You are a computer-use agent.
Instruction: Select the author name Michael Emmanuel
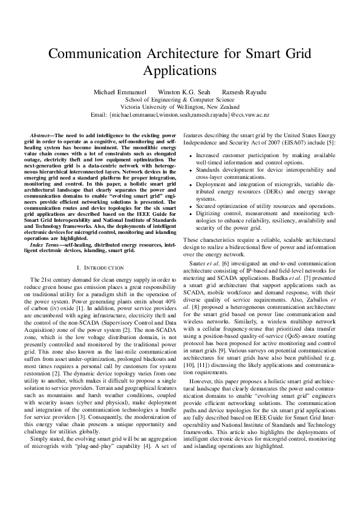[x=116, y=92]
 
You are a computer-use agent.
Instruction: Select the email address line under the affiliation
[x=180, y=114]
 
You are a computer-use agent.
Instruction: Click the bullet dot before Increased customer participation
[x=191, y=155]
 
